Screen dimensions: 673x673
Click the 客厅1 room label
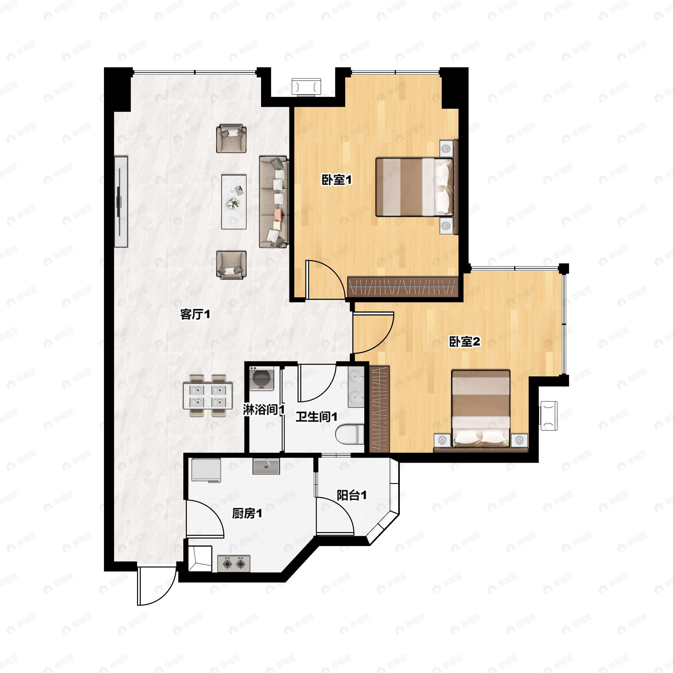pos(195,315)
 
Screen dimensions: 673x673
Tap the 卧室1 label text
pos(336,180)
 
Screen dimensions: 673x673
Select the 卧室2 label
pos(464,342)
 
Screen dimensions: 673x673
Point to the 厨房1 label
pos(247,513)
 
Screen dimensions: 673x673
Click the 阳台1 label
pos(351,495)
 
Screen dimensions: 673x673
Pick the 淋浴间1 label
pos(264,410)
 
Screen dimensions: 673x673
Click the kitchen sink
pos(266,466)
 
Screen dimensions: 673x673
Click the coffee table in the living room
pos(234,202)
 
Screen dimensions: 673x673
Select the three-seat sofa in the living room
pos(274,202)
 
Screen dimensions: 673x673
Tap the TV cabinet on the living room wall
pos(121,202)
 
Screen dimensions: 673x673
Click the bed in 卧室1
pos(414,187)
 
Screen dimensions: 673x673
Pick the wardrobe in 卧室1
pos(403,287)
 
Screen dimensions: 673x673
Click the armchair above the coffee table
pos(231,139)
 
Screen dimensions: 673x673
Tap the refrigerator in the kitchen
pos(206,470)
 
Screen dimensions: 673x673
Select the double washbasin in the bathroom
pos(356,387)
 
